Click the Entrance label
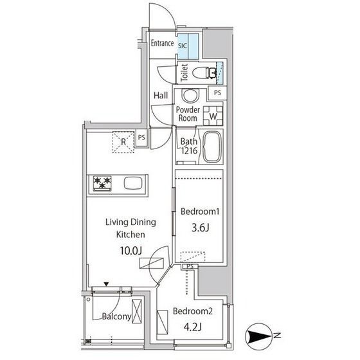[x=162, y=43]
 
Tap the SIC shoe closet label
[x=183, y=46]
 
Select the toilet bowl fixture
[x=204, y=73]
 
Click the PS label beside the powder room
[x=217, y=93]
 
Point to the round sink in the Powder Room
[x=190, y=96]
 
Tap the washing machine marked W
[x=213, y=116]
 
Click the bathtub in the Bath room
[x=213, y=147]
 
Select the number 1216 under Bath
[x=189, y=150]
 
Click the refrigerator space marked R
[x=123, y=142]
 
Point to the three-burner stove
[x=102, y=183]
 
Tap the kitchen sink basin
[x=133, y=183]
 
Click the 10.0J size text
[x=130, y=251]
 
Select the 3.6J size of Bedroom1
[x=200, y=228]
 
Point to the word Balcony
[x=116, y=316]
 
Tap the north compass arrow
[x=258, y=336]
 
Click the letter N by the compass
[x=277, y=336]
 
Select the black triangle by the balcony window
[x=106, y=284]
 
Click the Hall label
[x=161, y=95]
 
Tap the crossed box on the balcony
[x=137, y=311]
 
